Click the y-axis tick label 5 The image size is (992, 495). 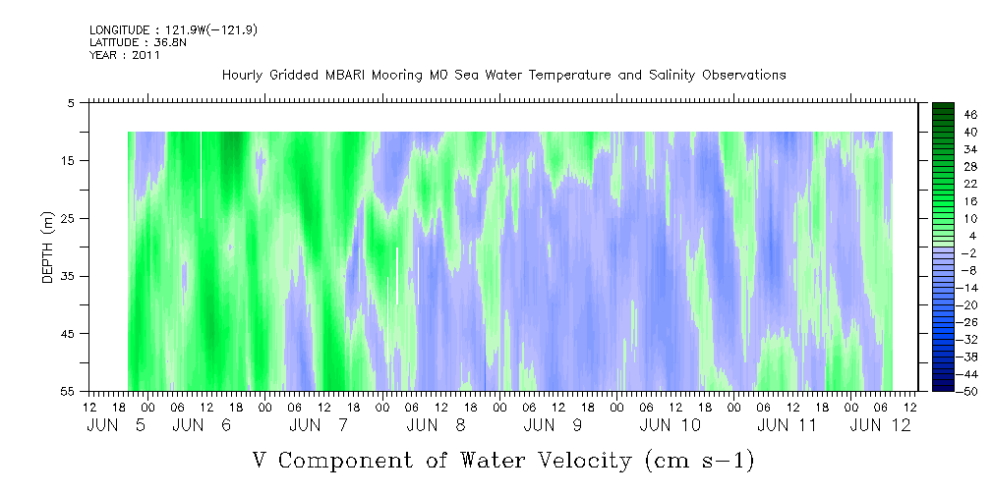tap(71, 103)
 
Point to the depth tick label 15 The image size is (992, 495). tap(67, 160)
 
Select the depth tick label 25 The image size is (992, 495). tap(67, 219)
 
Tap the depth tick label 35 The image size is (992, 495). tap(67, 276)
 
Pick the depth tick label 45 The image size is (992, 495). tap(67, 334)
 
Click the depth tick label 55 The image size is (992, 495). tap(67, 391)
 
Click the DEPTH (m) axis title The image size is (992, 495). tap(48, 247)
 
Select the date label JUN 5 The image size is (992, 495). tap(116, 425)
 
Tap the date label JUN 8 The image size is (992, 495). tap(436, 425)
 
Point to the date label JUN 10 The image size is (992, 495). tap(670, 425)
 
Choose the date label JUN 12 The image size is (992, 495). tap(881, 425)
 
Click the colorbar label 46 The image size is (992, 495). tap(971, 115)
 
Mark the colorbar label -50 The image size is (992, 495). tap(968, 392)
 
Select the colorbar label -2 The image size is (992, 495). tap(968, 253)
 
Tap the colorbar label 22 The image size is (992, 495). tap(971, 184)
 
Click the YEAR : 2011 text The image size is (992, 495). tap(125, 55)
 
